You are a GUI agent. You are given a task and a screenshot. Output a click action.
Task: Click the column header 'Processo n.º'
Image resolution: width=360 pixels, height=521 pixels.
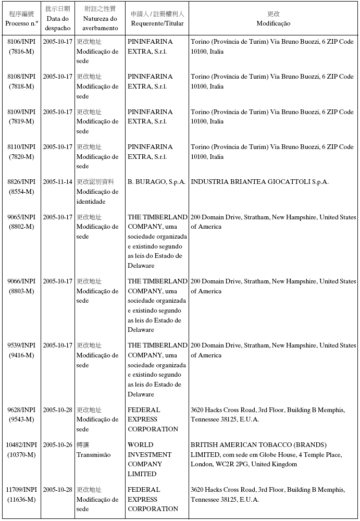click(21, 23)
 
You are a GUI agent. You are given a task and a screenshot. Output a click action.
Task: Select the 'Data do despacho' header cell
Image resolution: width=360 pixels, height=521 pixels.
click(57, 23)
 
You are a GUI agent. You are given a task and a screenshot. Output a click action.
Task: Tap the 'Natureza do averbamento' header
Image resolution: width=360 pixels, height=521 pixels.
click(97, 23)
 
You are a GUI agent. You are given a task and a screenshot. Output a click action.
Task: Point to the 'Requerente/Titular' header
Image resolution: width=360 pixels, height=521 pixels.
click(157, 23)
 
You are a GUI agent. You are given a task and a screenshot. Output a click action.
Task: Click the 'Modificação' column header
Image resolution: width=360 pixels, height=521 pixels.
click(274, 23)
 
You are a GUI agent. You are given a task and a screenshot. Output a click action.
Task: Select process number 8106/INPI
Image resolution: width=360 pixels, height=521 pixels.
click(21, 41)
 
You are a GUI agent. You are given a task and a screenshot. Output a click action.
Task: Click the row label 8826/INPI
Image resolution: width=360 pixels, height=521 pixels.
click(21, 182)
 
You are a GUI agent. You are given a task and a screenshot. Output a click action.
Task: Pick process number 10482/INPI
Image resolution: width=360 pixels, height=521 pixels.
click(21, 445)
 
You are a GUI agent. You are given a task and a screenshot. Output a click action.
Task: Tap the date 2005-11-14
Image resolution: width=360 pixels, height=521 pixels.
click(57, 182)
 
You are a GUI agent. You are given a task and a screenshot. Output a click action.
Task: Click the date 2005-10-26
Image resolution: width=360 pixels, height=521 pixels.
click(57, 445)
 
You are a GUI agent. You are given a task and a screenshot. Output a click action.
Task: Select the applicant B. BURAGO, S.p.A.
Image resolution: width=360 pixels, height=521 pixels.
click(156, 182)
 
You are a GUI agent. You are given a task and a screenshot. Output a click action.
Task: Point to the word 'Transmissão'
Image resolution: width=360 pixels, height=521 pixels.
click(94, 455)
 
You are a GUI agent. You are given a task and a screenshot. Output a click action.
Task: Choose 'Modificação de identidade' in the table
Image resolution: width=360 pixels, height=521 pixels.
click(97, 196)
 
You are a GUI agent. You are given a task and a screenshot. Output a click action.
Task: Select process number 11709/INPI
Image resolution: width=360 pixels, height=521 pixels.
click(21, 490)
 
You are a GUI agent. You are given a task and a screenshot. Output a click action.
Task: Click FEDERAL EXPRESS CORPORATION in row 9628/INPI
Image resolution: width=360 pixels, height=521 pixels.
click(153, 419)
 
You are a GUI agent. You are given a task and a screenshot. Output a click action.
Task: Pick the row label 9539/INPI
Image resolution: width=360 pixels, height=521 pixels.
click(21, 345)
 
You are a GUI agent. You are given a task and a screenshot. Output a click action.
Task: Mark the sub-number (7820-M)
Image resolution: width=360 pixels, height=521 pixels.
click(21, 157)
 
